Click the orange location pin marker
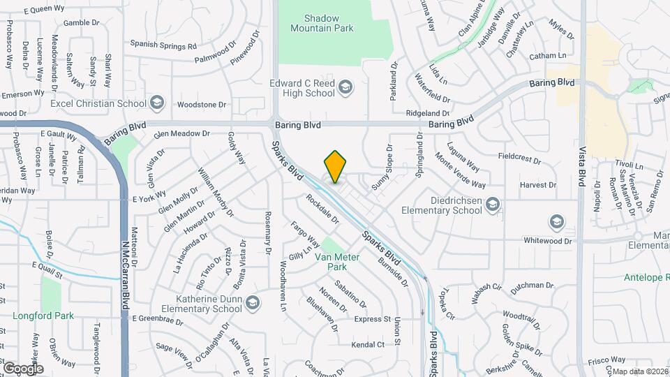(x=335, y=166)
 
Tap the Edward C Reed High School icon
(x=345, y=87)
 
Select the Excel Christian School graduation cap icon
(x=157, y=103)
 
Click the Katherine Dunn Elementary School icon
(x=253, y=302)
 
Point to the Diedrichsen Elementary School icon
(x=493, y=204)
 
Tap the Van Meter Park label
(x=336, y=262)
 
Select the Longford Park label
(x=43, y=316)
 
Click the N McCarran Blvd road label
(x=126, y=272)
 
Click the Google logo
(x=22, y=368)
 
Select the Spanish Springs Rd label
(x=163, y=45)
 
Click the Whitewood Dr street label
(x=548, y=241)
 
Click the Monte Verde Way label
(x=460, y=170)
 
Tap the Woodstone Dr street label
(x=202, y=104)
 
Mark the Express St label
(x=372, y=319)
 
